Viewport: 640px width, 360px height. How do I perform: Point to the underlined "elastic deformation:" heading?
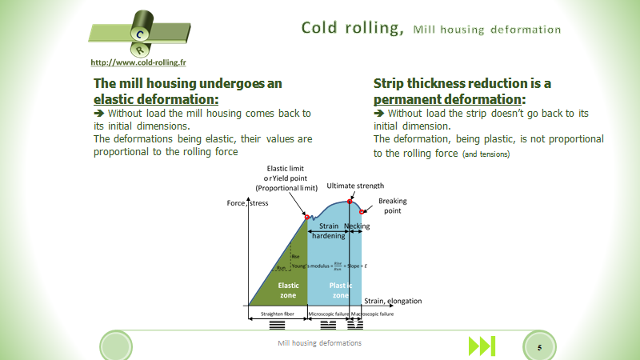click(155, 99)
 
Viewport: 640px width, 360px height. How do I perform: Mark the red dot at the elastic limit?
click(307, 217)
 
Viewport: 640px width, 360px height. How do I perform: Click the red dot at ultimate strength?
click(350, 201)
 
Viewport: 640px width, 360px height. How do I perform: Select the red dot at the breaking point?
click(362, 212)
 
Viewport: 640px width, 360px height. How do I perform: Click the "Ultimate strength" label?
click(355, 186)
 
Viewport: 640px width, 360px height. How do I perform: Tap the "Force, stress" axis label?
click(248, 203)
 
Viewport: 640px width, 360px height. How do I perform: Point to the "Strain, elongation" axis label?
click(393, 301)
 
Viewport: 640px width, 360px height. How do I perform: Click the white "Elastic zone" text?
click(288, 290)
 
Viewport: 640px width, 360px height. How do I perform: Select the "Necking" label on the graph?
click(357, 226)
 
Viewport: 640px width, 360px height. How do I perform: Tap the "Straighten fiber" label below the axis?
click(277, 314)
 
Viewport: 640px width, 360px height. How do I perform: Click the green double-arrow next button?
click(482, 346)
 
